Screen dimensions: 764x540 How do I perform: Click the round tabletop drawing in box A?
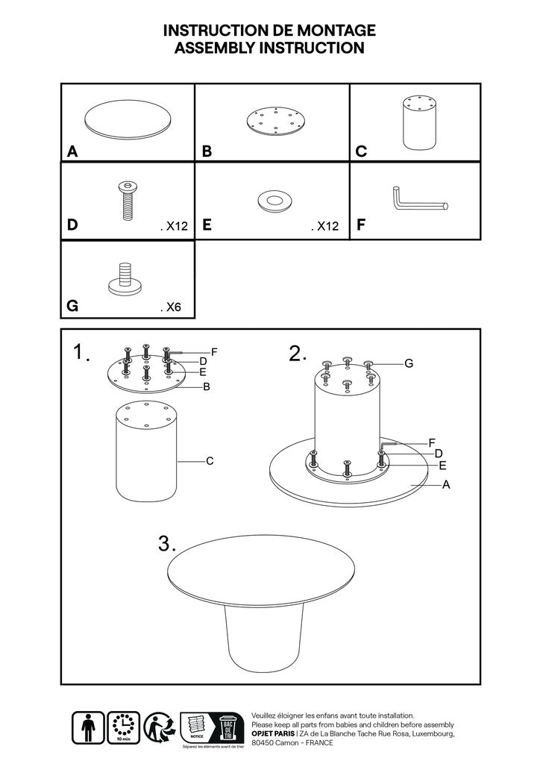tap(129, 119)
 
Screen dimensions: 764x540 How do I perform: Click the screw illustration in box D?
tap(127, 201)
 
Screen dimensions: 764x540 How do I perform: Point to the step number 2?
tap(298, 354)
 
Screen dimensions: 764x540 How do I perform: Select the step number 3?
tap(166, 544)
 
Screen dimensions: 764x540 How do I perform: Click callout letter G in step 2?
tap(408, 363)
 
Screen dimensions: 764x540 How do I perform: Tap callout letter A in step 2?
tap(446, 485)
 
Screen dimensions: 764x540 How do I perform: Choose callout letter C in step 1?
tap(210, 461)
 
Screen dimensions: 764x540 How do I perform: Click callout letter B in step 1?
tap(207, 386)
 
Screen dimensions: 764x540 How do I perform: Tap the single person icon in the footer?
tap(88, 726)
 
